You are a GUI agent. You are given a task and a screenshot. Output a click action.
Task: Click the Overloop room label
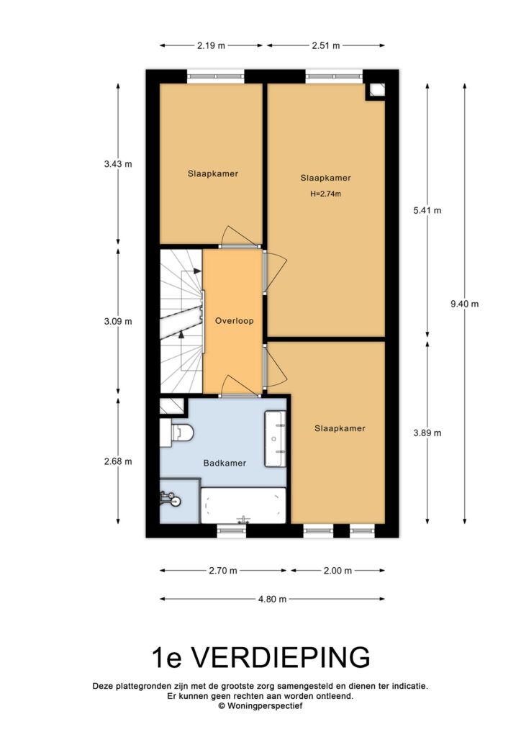pos(234,321)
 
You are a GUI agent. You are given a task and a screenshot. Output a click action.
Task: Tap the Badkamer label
pos(225,463)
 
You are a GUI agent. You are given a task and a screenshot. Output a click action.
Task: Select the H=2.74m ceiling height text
pos(325,193)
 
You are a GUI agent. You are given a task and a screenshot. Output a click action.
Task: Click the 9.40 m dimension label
pos(465,304)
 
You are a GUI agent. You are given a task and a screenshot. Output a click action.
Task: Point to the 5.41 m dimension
pos(427,211)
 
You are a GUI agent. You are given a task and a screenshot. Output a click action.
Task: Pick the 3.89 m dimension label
pos(427,433)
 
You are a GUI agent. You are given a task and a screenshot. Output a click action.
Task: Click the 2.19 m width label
pos(211,45)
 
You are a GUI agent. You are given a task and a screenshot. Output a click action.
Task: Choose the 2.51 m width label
pos(325,45)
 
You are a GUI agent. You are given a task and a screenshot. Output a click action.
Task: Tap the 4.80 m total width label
pos(272,600)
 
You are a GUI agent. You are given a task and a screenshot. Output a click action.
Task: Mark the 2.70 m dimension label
pos(222,571)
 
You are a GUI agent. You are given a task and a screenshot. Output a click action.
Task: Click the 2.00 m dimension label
pos(337,571)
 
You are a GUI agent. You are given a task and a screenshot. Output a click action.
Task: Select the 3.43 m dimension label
pos(118,164)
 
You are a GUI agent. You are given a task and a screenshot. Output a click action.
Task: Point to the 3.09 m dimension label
pos(118,322)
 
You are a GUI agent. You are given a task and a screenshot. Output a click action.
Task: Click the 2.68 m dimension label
pos(118,461)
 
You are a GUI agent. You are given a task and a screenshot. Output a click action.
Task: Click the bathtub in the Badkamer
pos(243,505)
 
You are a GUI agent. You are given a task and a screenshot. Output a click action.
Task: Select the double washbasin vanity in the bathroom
pos(276,439)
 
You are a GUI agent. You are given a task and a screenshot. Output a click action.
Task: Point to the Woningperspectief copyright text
pos(260,706)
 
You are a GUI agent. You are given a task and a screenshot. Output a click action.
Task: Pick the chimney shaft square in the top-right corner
pos(376,90)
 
